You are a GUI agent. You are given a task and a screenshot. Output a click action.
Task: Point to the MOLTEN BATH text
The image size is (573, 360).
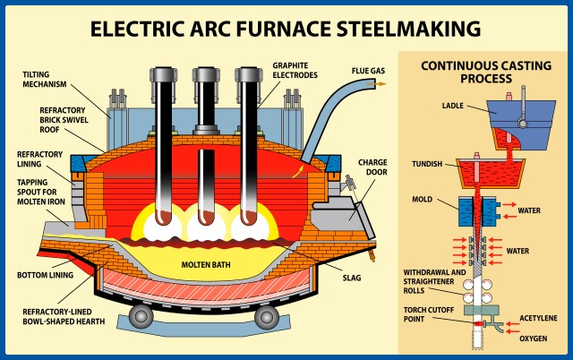[208, 265]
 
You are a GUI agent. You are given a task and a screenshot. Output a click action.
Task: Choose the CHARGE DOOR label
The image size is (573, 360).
[372, 168]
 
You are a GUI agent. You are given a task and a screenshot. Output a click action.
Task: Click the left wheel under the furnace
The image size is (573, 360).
[140, 316]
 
